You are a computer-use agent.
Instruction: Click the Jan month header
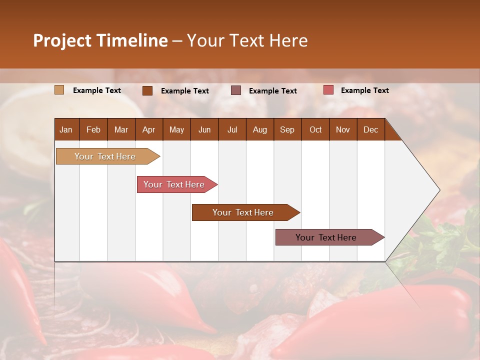pos(66,129)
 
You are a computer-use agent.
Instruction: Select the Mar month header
pos(121,129)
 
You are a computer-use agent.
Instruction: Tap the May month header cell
pos(176,129)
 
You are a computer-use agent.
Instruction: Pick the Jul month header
pos(232,129)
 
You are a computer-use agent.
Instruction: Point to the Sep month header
pos(287,129)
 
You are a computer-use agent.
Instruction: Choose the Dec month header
pos(370,129)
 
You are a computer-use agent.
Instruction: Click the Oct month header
pos(315,129)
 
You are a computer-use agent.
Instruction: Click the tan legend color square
pos(59,90)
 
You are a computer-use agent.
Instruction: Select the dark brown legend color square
pos(147,90)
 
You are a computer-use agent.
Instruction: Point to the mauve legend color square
pos(236,90)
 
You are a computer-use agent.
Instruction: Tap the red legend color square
pos(328,90)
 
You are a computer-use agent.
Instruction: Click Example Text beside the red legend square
pos(364,90)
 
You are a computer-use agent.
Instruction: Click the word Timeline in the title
pos(132,40)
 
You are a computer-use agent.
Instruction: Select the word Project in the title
pos(62,40)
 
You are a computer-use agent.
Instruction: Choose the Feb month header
pos(93,129)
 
